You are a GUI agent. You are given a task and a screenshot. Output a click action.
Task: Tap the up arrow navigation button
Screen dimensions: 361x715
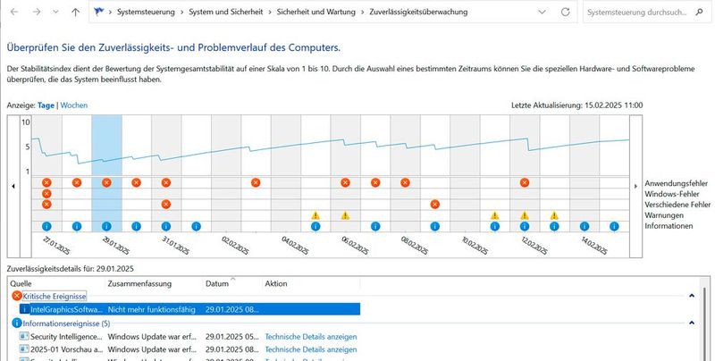coord(75,13)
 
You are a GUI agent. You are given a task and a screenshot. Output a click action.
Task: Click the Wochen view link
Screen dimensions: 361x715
coord(74,105)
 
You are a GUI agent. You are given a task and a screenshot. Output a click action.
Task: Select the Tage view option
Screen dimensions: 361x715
coord(46,105)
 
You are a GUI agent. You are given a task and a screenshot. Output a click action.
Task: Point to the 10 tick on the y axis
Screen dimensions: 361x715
coord(26,122)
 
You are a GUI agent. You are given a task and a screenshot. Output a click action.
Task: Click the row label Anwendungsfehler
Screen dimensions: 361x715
coord(677,183)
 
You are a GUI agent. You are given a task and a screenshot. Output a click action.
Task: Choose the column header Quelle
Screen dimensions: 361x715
coord(21,283)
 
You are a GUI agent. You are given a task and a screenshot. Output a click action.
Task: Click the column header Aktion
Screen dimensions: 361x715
coord(276,283)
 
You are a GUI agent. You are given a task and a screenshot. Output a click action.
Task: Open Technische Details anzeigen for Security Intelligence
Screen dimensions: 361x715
coord(311,337)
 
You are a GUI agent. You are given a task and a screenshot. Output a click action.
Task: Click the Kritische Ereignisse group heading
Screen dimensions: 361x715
coord(55,296)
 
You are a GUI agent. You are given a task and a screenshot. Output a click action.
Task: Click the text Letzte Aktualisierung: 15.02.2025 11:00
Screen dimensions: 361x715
coord(576,105)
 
